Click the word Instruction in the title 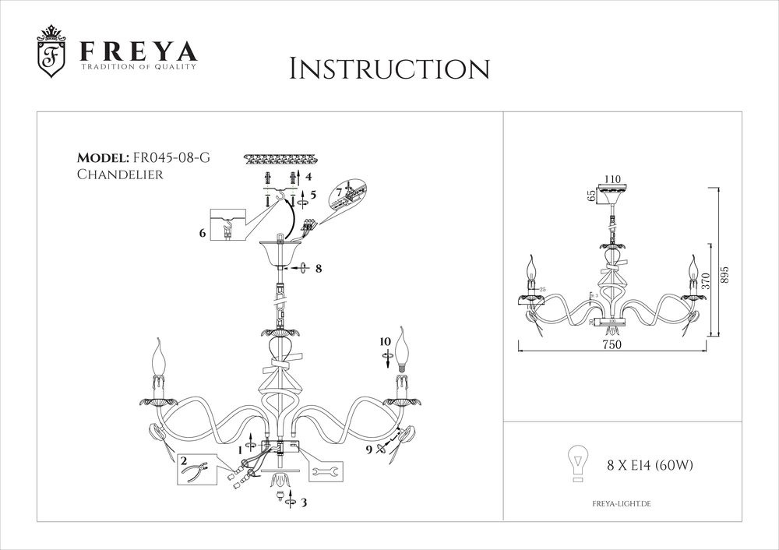coord(389,68)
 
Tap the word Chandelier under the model coord(120,175)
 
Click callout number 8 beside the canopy coord(319,269)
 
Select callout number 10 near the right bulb coord(386,340)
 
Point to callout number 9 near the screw coord(369,449)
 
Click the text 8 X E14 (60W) coord(650,466)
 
